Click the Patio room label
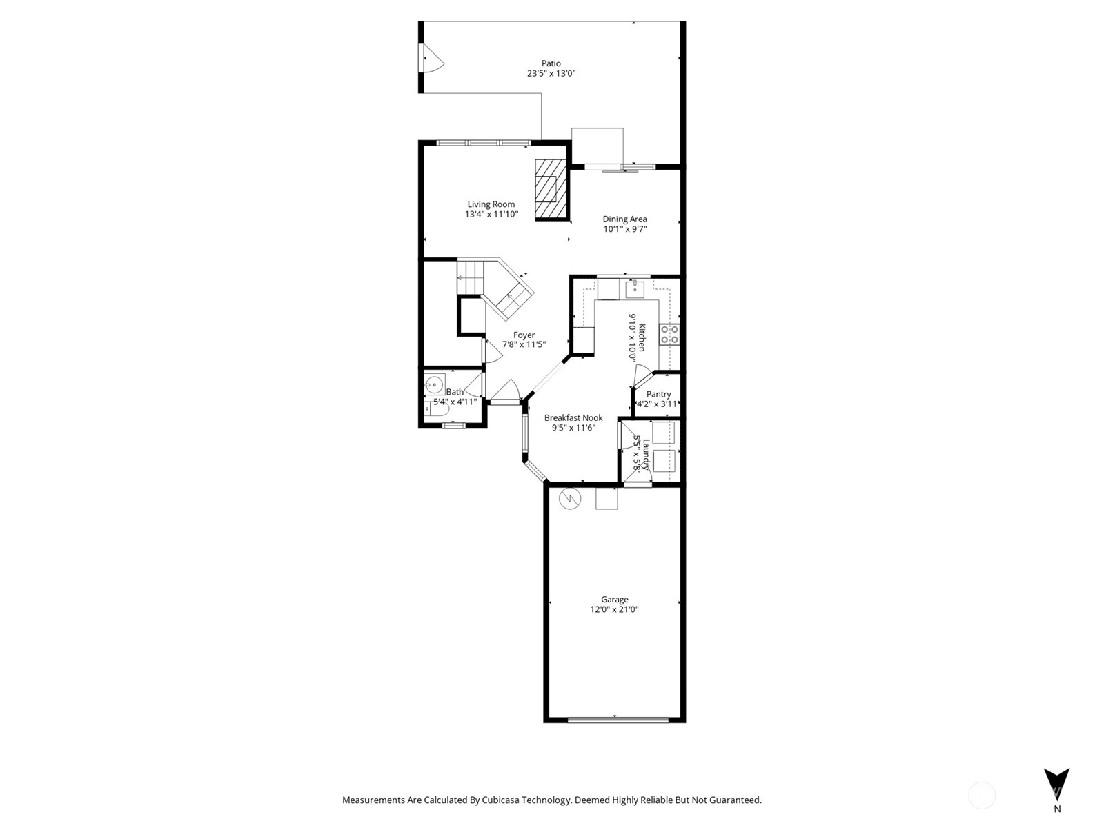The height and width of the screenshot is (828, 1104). (551, 63)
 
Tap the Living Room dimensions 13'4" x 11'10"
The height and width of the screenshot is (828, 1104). (491, 214)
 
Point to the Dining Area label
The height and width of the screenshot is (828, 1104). (624, 219)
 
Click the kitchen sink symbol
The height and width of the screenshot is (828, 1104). (635, 290)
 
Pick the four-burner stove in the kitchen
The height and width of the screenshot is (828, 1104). (669, 335)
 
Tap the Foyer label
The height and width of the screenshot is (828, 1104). (524, 335)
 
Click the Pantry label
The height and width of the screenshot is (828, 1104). (658, 394)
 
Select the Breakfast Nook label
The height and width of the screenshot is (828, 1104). (573, 417)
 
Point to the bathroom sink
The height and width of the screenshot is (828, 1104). (434, 385)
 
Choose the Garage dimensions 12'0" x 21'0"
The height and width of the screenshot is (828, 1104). (614, 609)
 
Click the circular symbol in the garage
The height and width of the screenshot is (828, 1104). (570, 498)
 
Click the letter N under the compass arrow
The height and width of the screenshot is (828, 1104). (1057, 809)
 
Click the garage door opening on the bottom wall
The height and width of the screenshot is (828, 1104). (618, 720)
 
